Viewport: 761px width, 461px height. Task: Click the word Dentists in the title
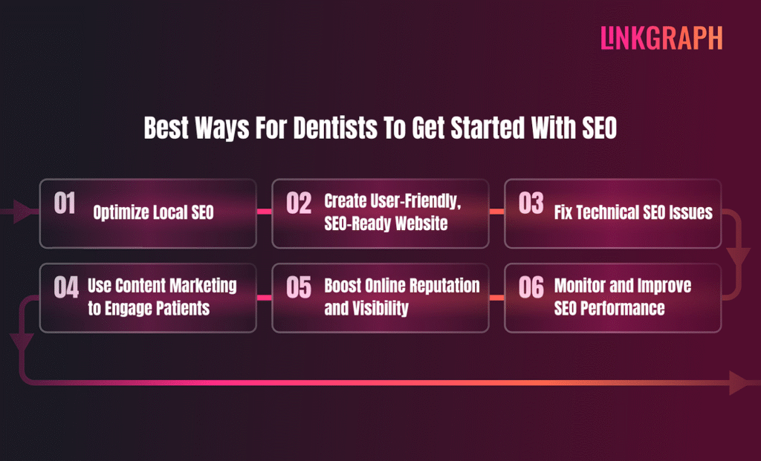pyautogui.click(x=334, y=128)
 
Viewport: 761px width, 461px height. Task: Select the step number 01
pyautogui.click(x=65, y=203)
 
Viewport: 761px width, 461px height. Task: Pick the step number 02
pyautogui.click(x=299, y=203)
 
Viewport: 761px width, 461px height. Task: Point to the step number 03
pyautogui.click(x=531, y=203)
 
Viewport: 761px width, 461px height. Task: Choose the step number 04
pyautogui.click(x=66, y=288)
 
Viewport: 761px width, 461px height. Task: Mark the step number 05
pyautogui.click(x=299, y=288)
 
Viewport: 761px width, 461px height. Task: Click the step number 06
pyautogui.click(x=531, y=288)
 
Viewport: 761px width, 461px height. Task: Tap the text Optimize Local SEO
pyautogui.click(x=153, y=213)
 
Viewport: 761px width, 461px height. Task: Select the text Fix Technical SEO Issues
pyautogui.click(x=633, y=213)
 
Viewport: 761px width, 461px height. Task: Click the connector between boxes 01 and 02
pyautogui.click(x=264, y=212)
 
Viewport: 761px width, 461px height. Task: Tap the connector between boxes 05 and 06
pyautogui.click(x=496, y=298)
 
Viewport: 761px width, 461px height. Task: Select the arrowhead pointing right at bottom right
pyautogui.click(x=740, y=383)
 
